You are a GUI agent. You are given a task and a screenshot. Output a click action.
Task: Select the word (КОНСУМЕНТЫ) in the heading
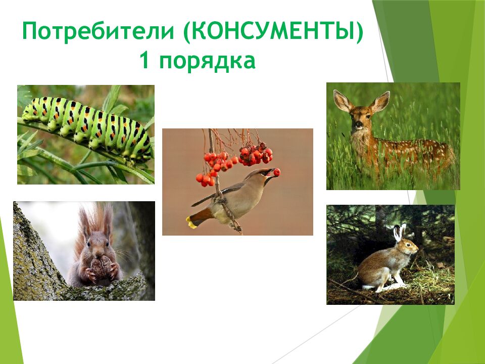click(273, 34)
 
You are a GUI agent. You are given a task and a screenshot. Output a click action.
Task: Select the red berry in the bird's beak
click(277, 172)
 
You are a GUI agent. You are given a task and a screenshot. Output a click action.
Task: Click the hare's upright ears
click(400, 232)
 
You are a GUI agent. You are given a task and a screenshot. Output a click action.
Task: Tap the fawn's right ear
click(380, 101)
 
